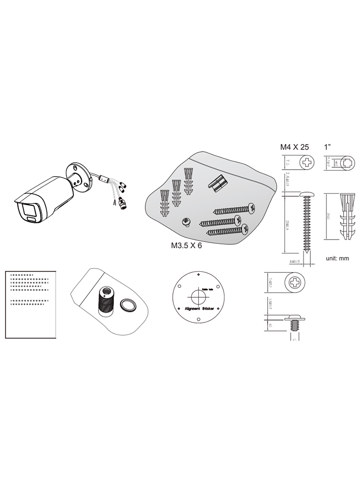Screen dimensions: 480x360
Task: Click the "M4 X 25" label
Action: tap(294, 147)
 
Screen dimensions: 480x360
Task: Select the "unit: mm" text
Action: tap(337, 258)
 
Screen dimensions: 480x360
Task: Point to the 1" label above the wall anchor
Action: tap(329, 147)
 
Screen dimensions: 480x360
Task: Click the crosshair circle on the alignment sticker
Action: tap(196, 297)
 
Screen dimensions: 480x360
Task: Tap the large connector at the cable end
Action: tap(123, 203)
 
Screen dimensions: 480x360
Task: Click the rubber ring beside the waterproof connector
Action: tap(127, 306)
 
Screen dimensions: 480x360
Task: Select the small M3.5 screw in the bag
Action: tap(186, 221)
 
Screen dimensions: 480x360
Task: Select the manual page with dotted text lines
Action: tap(30, 304)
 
